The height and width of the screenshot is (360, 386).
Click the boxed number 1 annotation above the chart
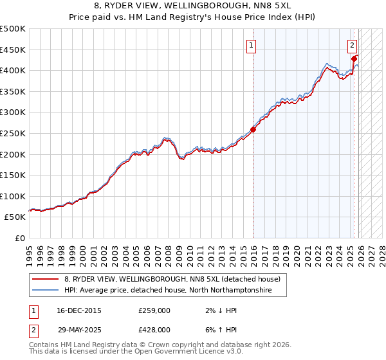point(250,45)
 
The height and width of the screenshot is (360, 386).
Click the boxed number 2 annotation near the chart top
point(353,45)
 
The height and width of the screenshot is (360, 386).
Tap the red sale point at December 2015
point(253,129)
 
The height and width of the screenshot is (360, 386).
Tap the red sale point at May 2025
point(354,59)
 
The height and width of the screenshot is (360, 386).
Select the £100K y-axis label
point(13,196)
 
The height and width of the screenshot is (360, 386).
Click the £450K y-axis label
point(13,50)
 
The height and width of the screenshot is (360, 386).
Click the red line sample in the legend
point(46,279)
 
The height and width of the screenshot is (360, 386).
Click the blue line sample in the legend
point(46,291)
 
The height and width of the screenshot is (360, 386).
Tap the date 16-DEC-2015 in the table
point(79,310)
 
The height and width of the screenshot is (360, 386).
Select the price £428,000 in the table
point(154,330)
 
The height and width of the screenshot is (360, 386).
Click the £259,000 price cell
point(154,310)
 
